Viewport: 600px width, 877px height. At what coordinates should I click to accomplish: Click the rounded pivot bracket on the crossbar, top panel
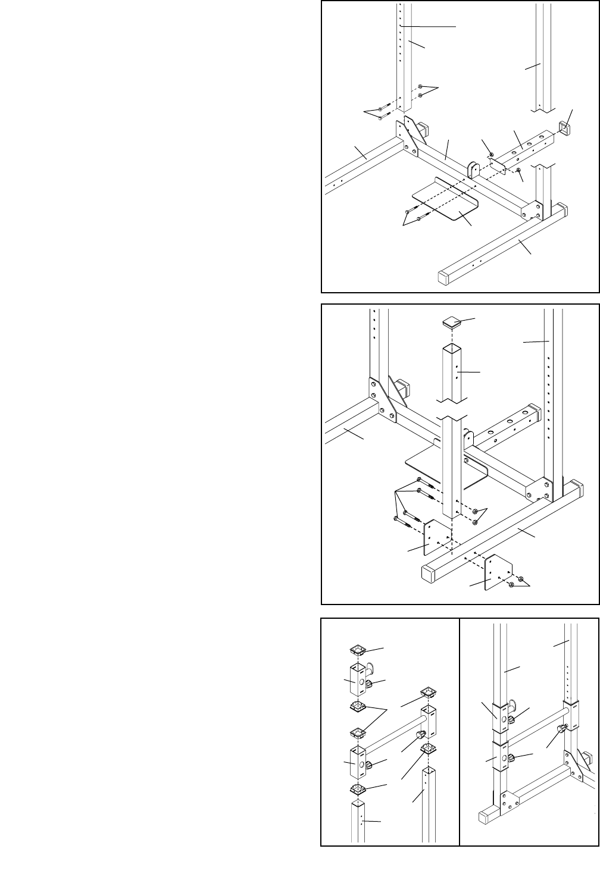pyautogui.click(x=474, y=170)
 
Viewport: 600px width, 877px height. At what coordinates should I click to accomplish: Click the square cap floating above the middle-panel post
pyautogui.click(x=452, y=322)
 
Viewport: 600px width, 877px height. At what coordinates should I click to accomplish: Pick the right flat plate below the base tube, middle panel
pyautogui.click(x=499, y=572)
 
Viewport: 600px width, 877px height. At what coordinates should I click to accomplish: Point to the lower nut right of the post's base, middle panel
pyautogui.click(x=476, y=522)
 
